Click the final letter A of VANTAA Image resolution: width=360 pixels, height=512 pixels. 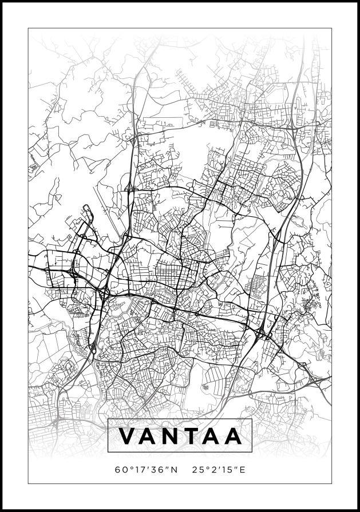(x=232, y=436)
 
